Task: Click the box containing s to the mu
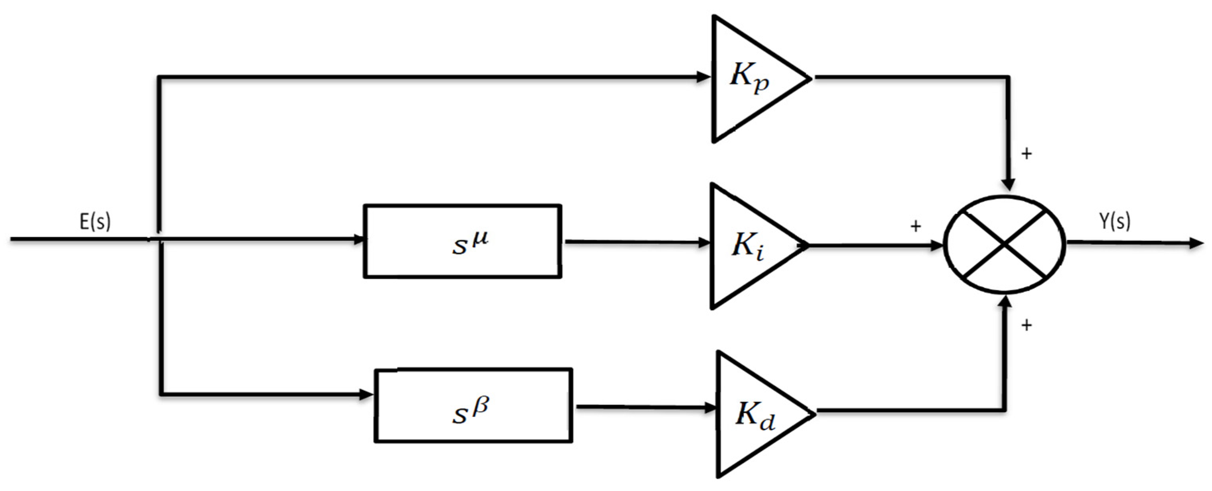point(463,241)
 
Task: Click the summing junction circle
point(1005,244)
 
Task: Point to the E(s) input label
point(95,221)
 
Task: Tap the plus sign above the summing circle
point(1026,153)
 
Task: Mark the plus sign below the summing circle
point(1026,325)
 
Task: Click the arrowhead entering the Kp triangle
point(704,77)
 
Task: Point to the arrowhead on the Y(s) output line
point(1197,244)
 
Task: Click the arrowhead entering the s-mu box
point(360,239)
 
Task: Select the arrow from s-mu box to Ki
point(637,243)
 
